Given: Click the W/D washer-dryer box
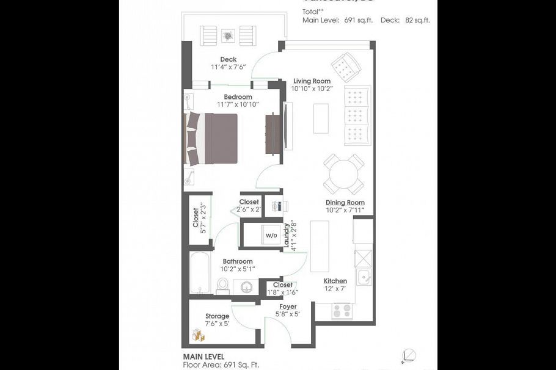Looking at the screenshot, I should (x=271, y=235).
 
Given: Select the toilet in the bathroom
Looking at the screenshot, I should (x=222, y=286).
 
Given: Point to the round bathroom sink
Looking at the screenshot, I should (x=247, y=287).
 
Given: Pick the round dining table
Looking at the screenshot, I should (x=343, y=174).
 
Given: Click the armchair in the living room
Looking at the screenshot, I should (x=346, y=67).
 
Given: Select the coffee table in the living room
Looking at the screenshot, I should (x=321, y=118).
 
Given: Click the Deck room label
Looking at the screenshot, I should (x=229, y=60).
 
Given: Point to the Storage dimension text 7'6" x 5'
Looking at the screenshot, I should (x=217, y=324).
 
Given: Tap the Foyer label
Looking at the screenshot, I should (x=288, y=307).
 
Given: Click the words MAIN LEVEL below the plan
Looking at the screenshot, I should (x=203, y=356).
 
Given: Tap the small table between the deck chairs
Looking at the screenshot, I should (x=229, y=35).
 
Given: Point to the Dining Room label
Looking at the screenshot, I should (x=345, y=203).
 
